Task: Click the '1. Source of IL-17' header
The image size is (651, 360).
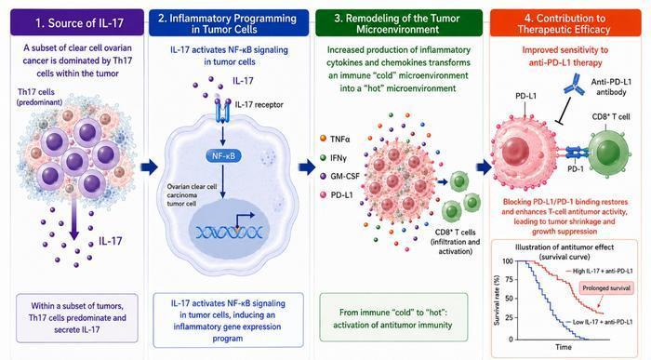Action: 79,22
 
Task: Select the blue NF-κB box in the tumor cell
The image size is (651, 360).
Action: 223,156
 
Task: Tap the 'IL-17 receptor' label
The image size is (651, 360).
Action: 259,104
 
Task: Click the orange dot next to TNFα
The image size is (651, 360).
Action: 323,139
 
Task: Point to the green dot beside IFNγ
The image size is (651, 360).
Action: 323,157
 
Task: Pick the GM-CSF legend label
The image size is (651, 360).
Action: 345,176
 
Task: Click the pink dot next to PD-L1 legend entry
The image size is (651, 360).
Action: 323,194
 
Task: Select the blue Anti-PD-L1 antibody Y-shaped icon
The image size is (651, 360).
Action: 574,85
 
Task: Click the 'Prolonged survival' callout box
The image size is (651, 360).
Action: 606,288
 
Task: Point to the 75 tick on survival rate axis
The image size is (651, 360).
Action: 509,279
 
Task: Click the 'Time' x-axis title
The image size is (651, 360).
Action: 564,347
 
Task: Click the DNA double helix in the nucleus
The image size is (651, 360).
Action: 229,232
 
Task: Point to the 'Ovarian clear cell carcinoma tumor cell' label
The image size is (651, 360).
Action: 192,195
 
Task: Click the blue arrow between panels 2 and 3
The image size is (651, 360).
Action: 307,167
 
